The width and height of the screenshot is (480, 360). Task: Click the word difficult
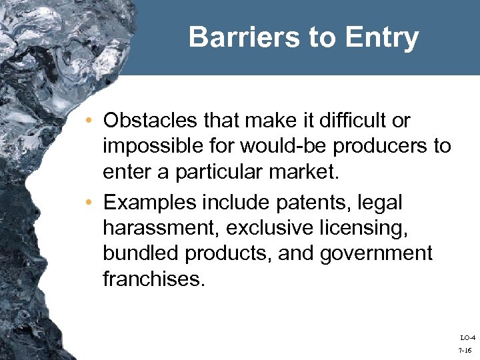(353, 121)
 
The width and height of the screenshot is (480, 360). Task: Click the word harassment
(161, 227)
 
